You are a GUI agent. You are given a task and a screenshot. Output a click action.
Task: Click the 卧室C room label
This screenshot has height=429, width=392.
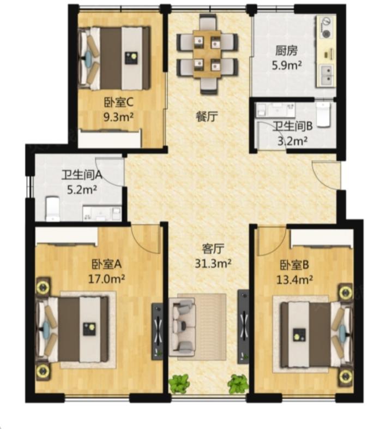tap(118, 103)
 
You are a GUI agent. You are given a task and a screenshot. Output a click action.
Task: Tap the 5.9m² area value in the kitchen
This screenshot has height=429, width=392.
tap(287, 65)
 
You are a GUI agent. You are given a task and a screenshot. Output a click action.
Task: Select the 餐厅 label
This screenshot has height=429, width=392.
tap(207, 117)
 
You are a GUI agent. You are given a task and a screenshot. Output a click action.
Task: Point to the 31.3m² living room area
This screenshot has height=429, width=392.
tap(213, 264)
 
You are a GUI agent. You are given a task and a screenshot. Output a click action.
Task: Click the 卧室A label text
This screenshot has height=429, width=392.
tap(106, 264)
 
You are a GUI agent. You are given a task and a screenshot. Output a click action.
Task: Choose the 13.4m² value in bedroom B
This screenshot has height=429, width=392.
tap(295, 279)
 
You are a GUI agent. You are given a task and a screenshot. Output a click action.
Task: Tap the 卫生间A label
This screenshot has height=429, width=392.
tap(82, 175)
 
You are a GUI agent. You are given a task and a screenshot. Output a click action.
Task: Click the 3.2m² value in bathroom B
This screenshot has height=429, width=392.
tap(292, 141)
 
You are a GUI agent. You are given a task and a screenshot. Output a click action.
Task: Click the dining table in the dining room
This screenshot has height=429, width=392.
tap(207, 54)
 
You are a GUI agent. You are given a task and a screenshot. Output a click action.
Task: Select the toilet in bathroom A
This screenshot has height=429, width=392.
tap(52, 208)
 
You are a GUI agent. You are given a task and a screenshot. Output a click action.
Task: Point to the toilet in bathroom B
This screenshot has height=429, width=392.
tap(323, 115)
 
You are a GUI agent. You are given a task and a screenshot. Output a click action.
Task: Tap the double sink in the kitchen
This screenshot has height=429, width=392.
tap(327, 75)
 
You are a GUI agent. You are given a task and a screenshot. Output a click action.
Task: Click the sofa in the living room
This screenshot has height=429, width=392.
tap(182, 327)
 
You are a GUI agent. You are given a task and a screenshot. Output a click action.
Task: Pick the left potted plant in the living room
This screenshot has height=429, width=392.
tap(179, 383)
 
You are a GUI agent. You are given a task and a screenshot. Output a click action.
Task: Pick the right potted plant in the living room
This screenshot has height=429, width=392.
tap(238, 383)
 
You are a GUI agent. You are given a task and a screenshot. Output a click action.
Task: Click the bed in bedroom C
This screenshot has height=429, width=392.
tap(114, 58)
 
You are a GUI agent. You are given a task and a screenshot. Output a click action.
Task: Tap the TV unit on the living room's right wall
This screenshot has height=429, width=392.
tap(243, 327)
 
